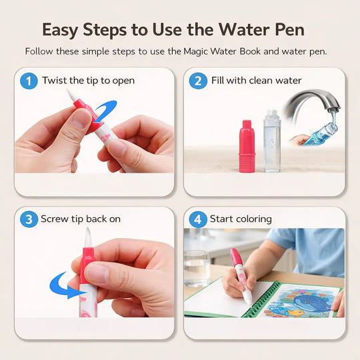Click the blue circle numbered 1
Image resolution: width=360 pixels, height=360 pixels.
tap(29, 81)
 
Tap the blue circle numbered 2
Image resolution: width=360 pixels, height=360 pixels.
tap(198, 81)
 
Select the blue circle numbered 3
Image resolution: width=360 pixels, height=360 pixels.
tap(29, 219)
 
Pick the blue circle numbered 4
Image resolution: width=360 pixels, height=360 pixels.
tap(198, 219)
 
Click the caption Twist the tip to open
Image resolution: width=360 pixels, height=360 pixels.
tap(88, 81)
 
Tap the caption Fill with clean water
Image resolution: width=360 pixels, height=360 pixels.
tap(256, 81)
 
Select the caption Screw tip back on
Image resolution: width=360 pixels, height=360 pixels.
tap(81, 219)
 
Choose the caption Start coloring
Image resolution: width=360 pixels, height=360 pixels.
tap(241, 219)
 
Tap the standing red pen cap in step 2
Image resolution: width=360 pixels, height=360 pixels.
tap(247, 146)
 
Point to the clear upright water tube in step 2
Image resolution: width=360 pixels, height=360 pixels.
tap(272, 141)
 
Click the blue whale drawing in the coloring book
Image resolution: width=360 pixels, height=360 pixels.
tap(310, 303)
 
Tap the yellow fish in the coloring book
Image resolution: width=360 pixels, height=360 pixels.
tap(295, 313)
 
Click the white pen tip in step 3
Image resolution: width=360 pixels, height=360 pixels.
tap(88, 237)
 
